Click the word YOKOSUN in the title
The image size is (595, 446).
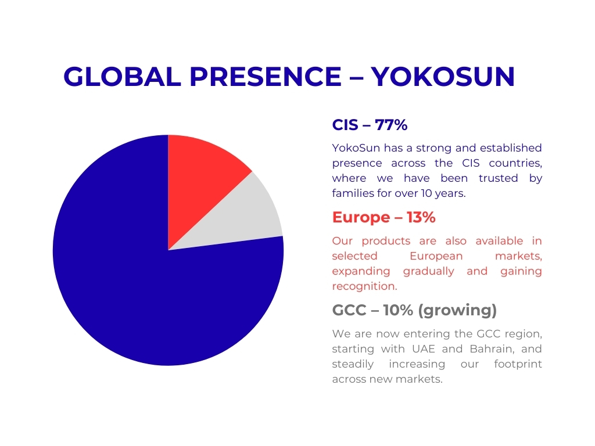pos(442,77)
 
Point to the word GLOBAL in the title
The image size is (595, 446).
pos(122,77)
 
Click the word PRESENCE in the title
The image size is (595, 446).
pos(266,77)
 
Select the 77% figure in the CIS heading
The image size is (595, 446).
pos(391,125)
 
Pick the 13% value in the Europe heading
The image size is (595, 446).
pos(421,217)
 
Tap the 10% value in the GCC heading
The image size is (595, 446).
pos(397,310)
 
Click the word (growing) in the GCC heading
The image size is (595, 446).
pos(457,311)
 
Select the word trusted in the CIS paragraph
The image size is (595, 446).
pos(498,178)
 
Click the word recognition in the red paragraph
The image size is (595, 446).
pos(365,286)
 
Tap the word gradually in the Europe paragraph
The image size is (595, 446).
pos(428,271)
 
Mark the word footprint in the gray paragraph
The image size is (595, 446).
pos(518,364)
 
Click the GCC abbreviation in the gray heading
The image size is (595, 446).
pos(349,310)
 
